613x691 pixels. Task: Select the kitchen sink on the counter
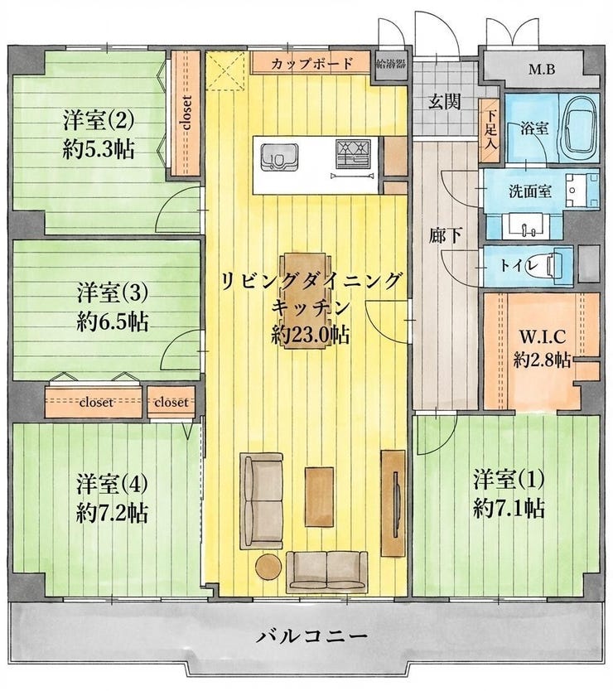click(279, 157)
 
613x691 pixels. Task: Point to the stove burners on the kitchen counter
click(354, 154)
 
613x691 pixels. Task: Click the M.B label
click(542, 70)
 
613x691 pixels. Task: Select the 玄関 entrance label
click(445, 102)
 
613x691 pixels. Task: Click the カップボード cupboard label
click(312, 64)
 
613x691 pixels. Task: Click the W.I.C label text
click(542, 337)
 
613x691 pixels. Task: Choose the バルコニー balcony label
click(312, 636)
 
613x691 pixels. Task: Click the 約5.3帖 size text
click(99, 150)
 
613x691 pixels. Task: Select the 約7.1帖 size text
click(509, 509)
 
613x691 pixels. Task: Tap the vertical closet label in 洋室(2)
click(187, 113)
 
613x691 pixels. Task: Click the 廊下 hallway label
click(445, 237)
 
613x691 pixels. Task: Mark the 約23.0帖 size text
click(311, 336)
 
